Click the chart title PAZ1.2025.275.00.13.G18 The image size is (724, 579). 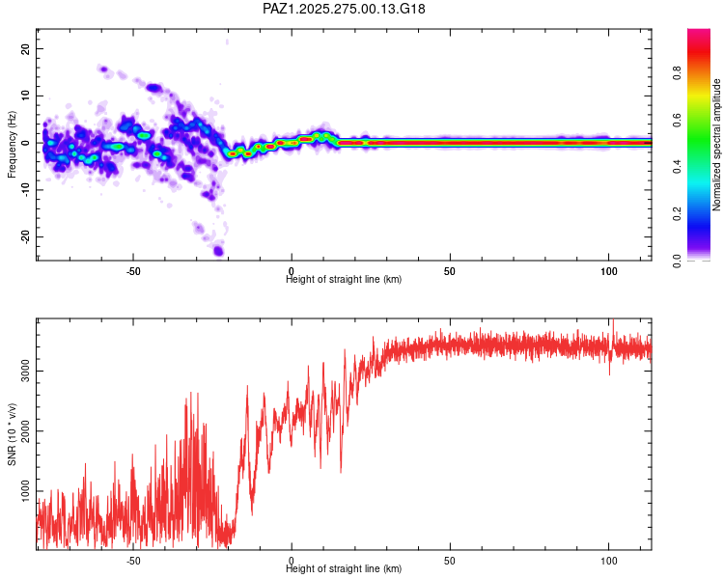point(344,9)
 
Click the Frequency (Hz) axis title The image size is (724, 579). point(12,144)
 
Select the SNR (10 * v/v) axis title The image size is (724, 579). point(12,433)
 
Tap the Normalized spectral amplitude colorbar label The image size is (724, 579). point(717,145)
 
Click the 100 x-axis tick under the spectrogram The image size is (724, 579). point(608,270)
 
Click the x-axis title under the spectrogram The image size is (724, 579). point(344,280)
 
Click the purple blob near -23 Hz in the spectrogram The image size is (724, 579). point(219,251)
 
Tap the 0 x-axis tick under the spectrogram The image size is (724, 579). point(292,270)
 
